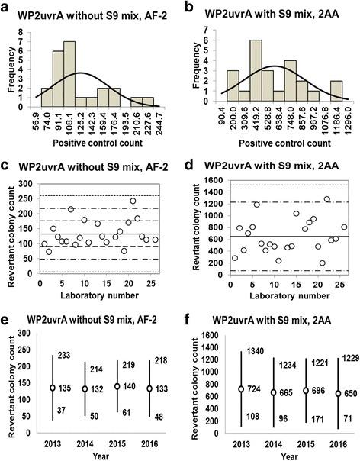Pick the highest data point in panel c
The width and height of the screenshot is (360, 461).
click(133, 201)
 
